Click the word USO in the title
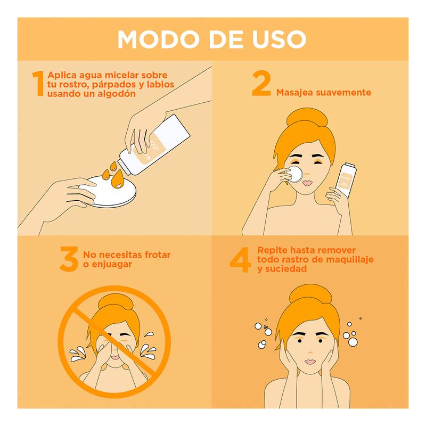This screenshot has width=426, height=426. [279, 39]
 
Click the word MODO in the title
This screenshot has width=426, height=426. [158, 39]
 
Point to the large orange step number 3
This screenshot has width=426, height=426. [69, 259]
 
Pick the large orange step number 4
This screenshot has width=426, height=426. [240, 259]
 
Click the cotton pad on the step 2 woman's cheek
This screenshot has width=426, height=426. [295, 174]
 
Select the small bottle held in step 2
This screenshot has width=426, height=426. [345, 179]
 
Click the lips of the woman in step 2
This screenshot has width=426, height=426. [307, 183]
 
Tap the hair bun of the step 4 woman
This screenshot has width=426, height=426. [310, 295]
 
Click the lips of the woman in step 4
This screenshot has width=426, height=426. [310, 362]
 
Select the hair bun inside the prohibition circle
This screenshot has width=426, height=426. [116, 303]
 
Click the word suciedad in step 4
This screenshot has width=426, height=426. [286, 269]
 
